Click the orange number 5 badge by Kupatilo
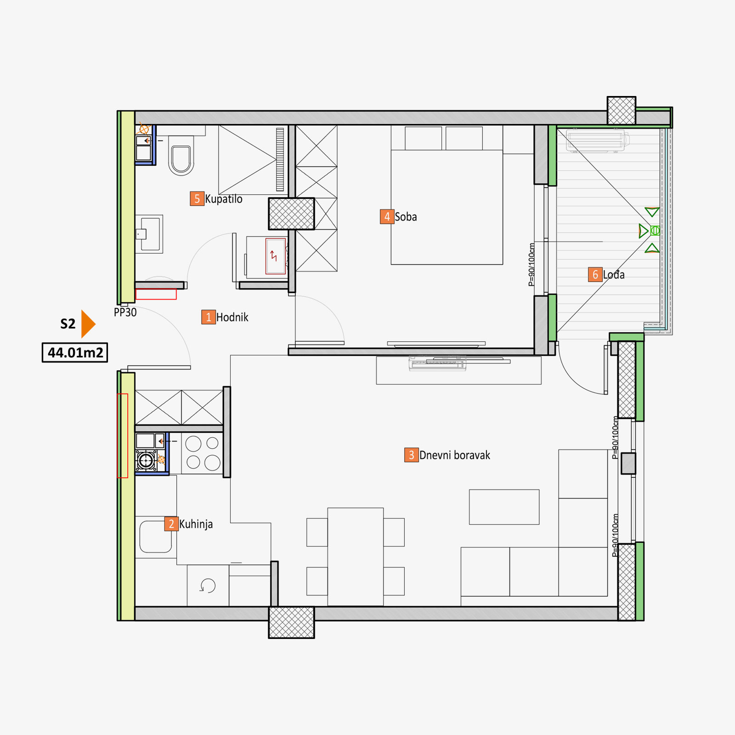(197, 198)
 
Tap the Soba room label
(406, 217)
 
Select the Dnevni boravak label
(455, 455)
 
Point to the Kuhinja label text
(196, 524)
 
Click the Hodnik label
(232, 317)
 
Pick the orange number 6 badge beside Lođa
(595, 275)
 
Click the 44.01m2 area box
(75, 353)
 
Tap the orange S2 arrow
(88, 324)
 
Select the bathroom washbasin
(149, 234)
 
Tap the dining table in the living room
(356, 557)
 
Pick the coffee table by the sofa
(504, 507)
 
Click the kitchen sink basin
(156, 537)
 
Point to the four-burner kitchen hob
(203, 453)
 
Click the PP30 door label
(125, 312)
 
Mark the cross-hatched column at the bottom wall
(292, 622)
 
